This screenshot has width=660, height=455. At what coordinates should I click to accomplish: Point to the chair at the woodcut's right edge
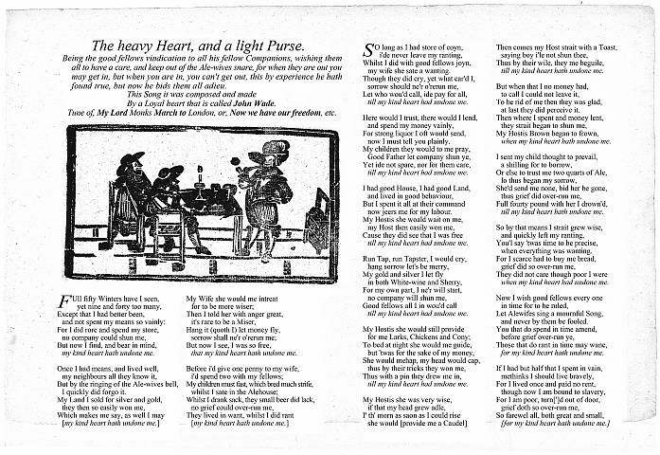pyautogui.click(x=319, y=220)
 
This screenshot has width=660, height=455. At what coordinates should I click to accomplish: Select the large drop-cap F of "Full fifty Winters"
pyautogui.click(x=64, y=300)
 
